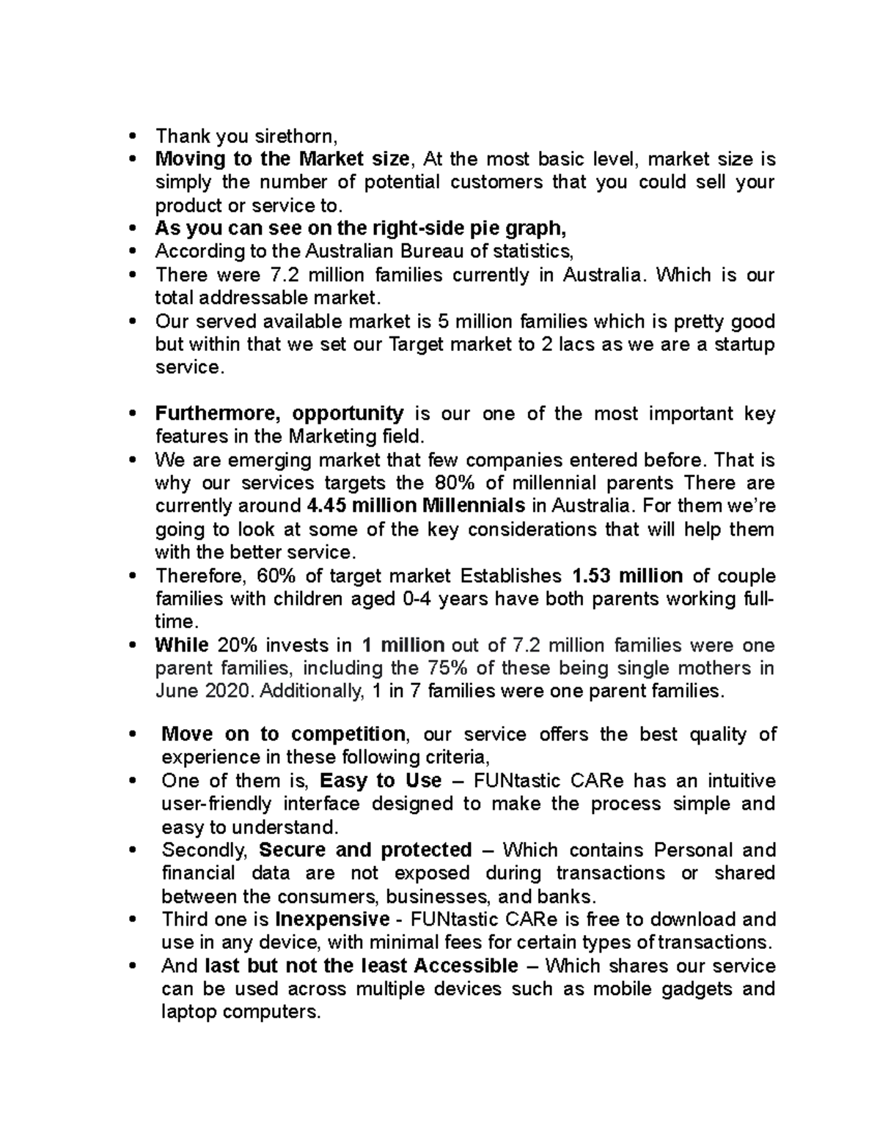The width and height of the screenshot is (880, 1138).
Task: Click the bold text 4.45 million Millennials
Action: click(x=414, y=506)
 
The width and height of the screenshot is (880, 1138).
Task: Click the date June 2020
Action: click(x=203, y=691)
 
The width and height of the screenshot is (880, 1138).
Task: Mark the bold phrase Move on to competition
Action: click(x=283, y=734)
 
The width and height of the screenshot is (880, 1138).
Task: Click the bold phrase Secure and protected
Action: click(x=365, y=850)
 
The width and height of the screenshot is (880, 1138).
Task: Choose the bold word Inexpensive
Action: click(x=332, y=919)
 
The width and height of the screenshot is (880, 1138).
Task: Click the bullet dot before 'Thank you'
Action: click(x=132, y=136)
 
